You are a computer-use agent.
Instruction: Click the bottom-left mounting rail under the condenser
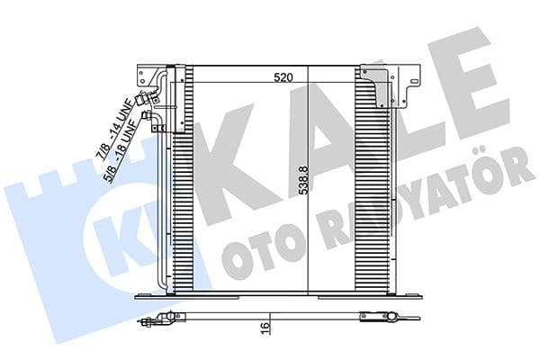pyautogui.click(x=171, y=297)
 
